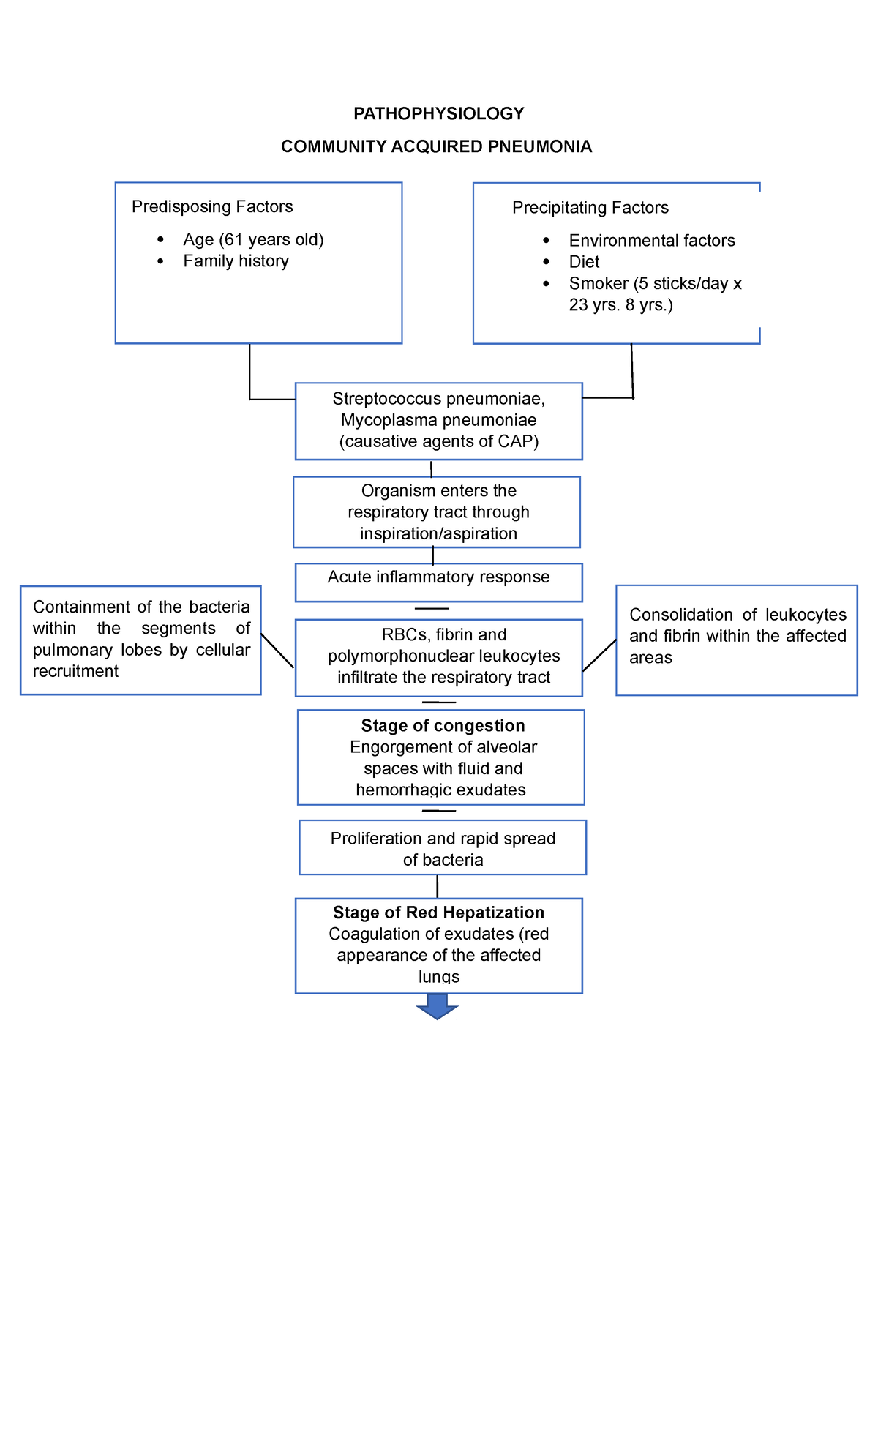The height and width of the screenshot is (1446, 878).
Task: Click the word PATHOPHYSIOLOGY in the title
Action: point(438,113)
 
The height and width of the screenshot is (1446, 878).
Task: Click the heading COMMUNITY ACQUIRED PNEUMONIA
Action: point(436,146)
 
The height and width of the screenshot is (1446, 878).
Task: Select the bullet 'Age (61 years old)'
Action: point(253,239)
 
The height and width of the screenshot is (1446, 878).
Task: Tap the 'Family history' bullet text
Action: point(236,261)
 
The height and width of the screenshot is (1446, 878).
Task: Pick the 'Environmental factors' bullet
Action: point(651,240)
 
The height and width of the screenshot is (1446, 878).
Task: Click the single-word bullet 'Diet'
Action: point(584,261)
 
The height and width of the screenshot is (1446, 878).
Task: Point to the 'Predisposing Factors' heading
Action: point(212,206)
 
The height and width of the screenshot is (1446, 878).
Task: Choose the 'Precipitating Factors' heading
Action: point(590,207)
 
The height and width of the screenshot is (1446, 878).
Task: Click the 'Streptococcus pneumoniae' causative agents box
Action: point(438,421)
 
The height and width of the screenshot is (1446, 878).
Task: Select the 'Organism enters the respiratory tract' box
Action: point(437,512)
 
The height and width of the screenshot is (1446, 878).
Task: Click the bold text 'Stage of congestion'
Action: point(443,725)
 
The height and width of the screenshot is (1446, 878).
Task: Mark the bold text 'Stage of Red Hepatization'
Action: point(438,912)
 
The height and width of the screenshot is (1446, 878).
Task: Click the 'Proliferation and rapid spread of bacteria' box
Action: point(443,848)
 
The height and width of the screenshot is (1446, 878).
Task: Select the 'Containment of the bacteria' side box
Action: point(140,639)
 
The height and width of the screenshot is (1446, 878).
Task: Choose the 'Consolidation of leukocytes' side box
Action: point(736,639)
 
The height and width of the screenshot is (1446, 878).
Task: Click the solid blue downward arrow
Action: point(437,1006)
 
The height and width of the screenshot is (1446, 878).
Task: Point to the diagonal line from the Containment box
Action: point(277,651)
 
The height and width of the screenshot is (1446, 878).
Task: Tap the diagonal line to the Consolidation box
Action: point(599,655)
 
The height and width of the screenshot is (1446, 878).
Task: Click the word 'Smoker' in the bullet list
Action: point(599,283)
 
